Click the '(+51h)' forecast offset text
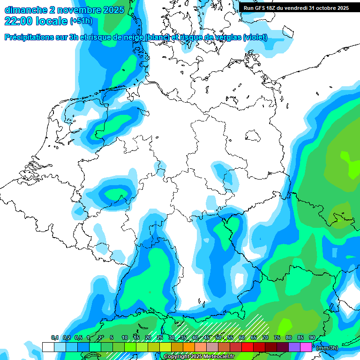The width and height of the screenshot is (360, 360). pos(81,21)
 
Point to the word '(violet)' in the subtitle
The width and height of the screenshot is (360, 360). pos(255,37)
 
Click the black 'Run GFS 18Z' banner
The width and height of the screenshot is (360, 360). pos(296,8)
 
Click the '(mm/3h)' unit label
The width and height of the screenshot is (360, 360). pos(327,347)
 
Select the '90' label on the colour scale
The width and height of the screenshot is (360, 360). pos(312,337)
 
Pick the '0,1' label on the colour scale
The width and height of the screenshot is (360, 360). pos(54,337)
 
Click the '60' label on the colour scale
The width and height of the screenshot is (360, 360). pos(242,337)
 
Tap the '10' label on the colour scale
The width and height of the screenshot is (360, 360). pos(125,337)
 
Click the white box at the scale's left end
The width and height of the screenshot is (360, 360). pos(48,347)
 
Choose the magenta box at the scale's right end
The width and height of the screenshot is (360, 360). pos(306,347)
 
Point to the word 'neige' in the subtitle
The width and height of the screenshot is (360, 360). pos(132,37)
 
